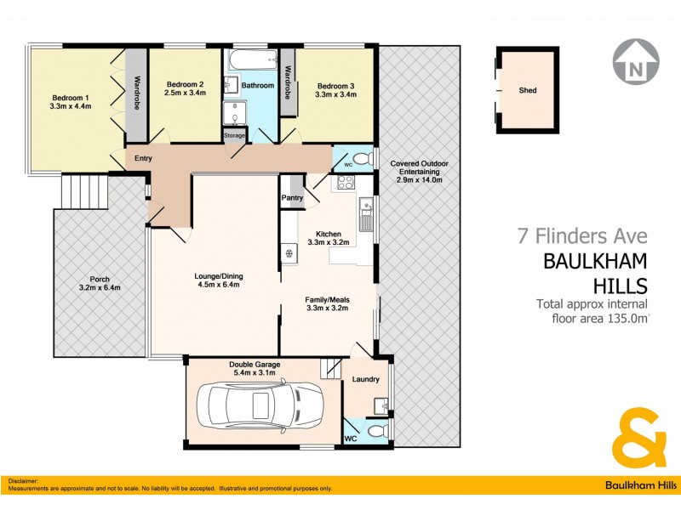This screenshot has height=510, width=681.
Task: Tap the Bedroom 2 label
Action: [x=185, y=84]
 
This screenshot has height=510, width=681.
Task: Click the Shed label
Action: [x=528, y=90]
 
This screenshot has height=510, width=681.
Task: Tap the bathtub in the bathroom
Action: [x=252, y=61]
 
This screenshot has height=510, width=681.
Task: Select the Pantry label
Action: [x=293, y=199]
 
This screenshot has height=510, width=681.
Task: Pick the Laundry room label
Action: [x=365, y=379]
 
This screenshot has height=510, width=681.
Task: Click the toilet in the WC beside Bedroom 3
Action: [x=361, y=159]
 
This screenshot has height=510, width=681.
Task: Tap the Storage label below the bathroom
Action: [x=234, y=135]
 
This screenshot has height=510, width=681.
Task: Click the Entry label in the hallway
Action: [x=143, y=158]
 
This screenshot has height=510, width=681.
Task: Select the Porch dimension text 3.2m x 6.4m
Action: [x=100, y=287]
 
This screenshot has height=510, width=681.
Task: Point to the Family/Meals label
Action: [x=328, y=300]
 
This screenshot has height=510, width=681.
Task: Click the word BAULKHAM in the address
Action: [x=596, y=260]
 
